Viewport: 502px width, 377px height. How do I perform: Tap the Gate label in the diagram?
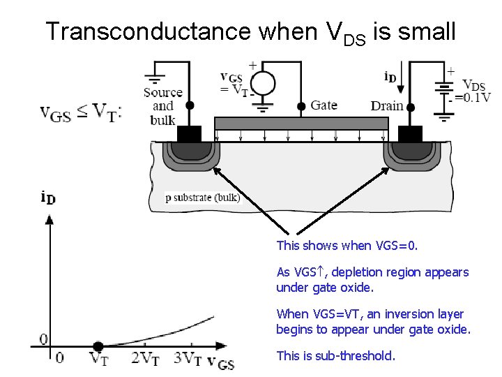(x=324, y=105)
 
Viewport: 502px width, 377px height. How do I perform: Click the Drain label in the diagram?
(x=387, y=106)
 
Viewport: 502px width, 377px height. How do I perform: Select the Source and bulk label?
(x=162, y=105)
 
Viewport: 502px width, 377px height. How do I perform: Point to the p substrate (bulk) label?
(x=202, y=198)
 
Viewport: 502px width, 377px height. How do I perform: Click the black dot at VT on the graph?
(x=98, y=346)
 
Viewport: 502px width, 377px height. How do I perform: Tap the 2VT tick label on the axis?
(x=144, y=359)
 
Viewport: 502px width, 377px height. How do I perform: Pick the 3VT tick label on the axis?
(x=188, y=359)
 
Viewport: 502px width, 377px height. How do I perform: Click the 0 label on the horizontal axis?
(x=59, y=358)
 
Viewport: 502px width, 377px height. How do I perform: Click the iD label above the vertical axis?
(x=48, y=198)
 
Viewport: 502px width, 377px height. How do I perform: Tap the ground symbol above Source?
(x=154, y=77)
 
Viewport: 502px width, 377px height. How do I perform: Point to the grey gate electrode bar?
(x=301, y=124)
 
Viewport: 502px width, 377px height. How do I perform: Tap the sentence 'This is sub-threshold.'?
(x=335, y=355)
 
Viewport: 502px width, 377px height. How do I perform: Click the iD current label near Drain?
(x=390, y=77)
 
